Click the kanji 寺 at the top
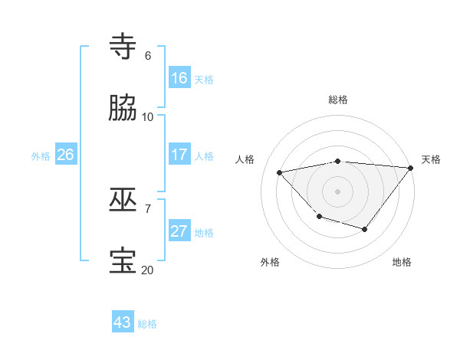pyautogui.click(x=123, y=47)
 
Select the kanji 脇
pyautogui.click(x=123, y=108)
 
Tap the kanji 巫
pyautogui.click(x=123, y=200)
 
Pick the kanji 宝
pyautogui.click(x=123, y=261)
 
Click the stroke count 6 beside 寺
pyautogui.click(x=148, y=56)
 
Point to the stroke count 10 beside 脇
pyautogui.click(x=148, y=117)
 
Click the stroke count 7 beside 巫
pyautogui.click(x=148, y=208)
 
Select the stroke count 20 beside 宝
pyautogui.click(x=148, y=270)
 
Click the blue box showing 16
pyautogui.click(x=179, y=77)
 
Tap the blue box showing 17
pyautogui.click(x=179, y=154)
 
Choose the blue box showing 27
pyautogui.click(x=179, y=231)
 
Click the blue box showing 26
pyautogui.click(x=65, y=154)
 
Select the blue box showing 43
pyautogui.click(x=123, y=322)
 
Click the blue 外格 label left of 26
pyautogui.click(x=41, y=156)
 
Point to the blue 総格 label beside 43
pyautogui.click(x=147, y=324)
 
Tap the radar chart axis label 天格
pyautogui.click(x=431, y=159)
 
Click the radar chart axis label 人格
pyautogui.click(x=245, y=159)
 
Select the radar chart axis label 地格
pyautogui.click(x=402, y=262)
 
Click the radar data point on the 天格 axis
pyautogui.click(x=412, y=168)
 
